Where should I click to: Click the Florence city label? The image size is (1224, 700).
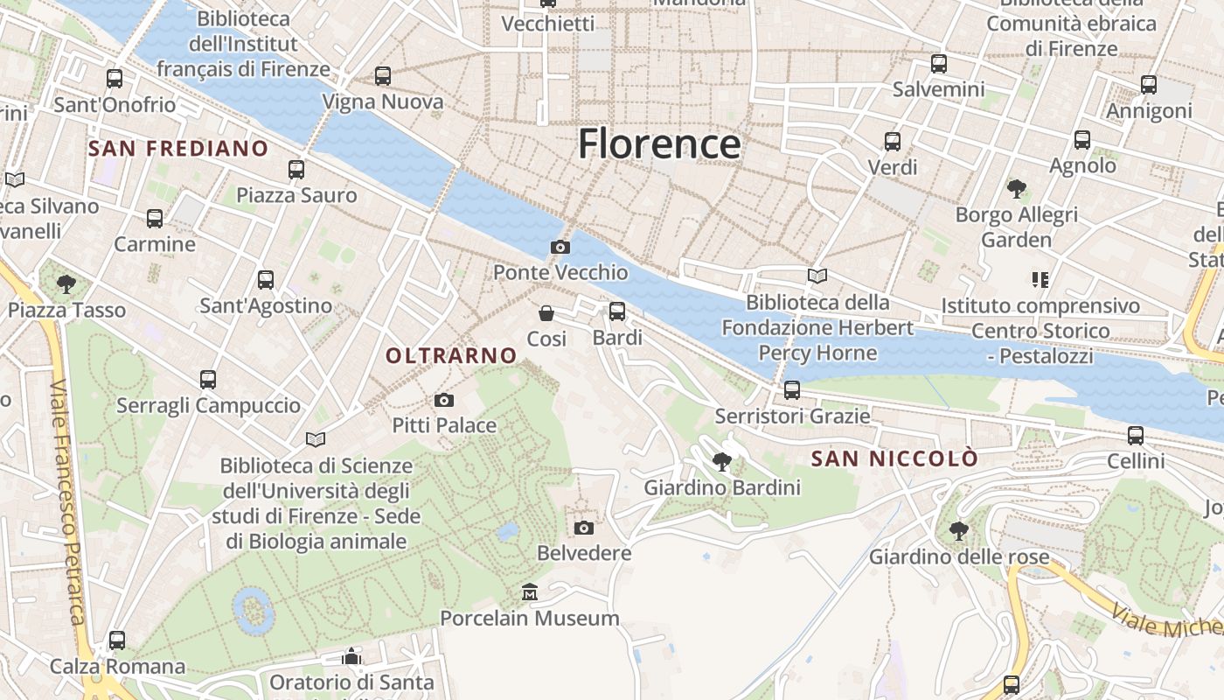[x=659, y=143]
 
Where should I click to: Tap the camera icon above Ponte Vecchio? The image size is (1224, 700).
[x=560, y=248]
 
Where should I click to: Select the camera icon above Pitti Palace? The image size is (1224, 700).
[x=444, y=401]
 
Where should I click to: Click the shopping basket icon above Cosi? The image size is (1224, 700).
[x=546, y=313]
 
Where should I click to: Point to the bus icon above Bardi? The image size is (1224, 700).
[x=617, y=311]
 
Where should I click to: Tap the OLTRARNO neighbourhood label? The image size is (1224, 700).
[x=452, y=355]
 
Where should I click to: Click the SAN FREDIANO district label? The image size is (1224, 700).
[x=177, y=149]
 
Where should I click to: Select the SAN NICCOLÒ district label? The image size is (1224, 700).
[x=894, y=459]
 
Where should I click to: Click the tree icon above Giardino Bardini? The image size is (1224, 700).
[x=722, y=461]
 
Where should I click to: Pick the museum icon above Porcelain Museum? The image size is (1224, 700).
[x=530, y=593]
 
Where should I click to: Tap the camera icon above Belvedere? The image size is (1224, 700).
[x=584, y=528]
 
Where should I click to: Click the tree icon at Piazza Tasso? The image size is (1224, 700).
[x=66, y=283]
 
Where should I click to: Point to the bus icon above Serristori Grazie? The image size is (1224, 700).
[x=792, y=390]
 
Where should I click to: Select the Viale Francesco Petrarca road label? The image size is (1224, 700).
[x=69, y=503]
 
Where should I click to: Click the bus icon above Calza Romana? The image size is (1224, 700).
[x=117, y=640]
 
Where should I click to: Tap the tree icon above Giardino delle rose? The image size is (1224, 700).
[x=958, y=530]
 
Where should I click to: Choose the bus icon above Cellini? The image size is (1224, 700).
[x=1136, y=435]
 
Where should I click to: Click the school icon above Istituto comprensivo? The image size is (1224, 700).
[x=1040, y=280]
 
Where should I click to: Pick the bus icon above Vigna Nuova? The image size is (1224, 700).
[x=383, y=76]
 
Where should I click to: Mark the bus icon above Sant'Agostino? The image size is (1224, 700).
[x=266, y=280]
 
